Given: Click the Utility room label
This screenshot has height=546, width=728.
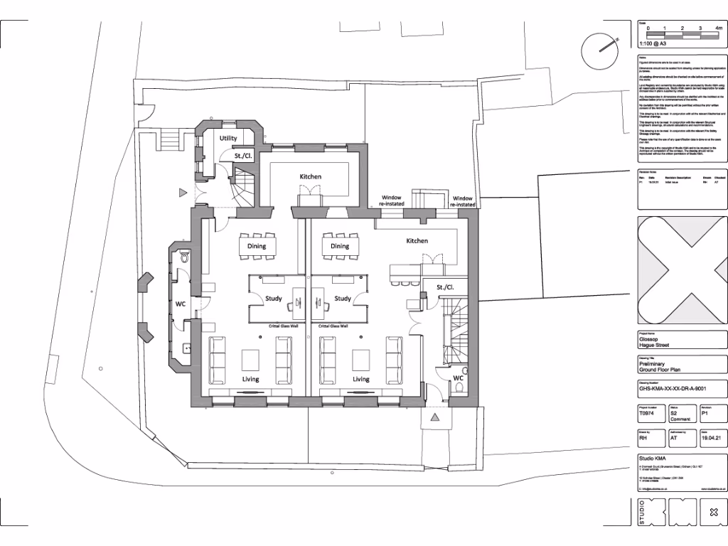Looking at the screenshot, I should [228, 138].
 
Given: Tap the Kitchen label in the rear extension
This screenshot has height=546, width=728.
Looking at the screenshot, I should [310, 176].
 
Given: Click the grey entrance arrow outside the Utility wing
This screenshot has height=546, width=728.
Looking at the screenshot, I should [183, 191].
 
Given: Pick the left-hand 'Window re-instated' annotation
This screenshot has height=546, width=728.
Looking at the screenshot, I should [392, 201].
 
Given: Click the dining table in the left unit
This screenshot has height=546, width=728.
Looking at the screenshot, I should [257, 246].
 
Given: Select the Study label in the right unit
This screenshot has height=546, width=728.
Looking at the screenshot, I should [343, 299].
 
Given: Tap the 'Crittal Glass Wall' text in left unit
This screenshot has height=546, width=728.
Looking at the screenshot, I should [282, 326].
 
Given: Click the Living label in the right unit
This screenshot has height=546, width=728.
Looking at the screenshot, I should [361, 379].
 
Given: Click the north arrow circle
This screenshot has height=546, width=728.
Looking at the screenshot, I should [599, 50].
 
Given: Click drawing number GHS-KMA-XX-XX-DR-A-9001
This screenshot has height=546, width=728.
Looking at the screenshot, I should [673, 390].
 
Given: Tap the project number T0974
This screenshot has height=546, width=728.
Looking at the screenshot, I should [645, 413].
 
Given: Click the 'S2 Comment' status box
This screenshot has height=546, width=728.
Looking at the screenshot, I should [681, 417].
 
